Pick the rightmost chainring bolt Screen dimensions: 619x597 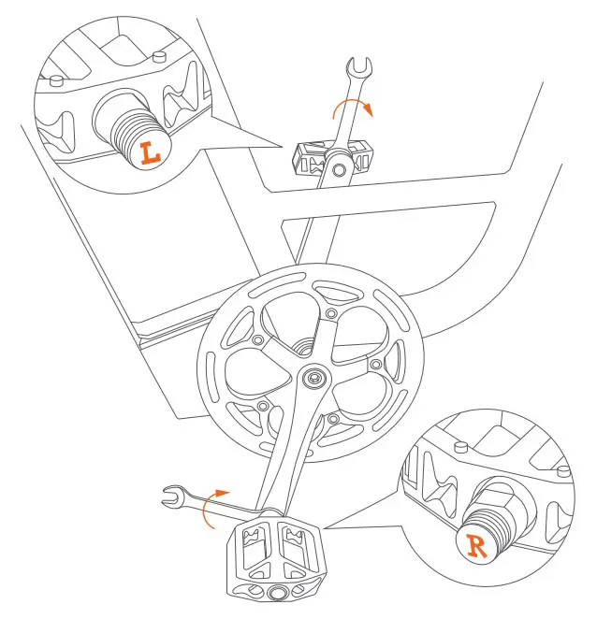click(375, 362)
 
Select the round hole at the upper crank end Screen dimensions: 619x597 click(343, 171)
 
